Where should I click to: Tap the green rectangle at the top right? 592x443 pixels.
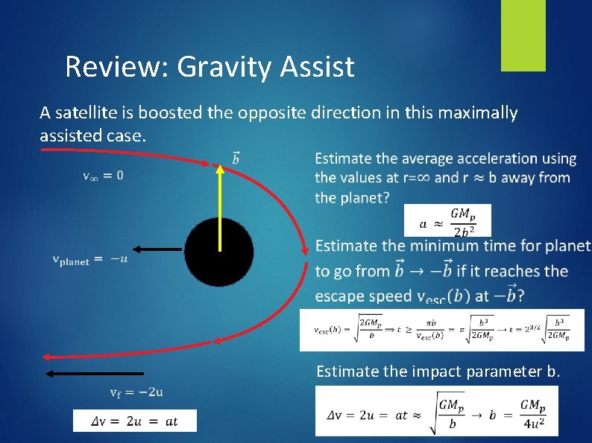point(523,35)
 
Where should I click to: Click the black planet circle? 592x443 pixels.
point(219,252)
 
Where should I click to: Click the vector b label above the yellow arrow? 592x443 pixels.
point(236,157)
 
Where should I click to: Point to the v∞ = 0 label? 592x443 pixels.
point(103,176)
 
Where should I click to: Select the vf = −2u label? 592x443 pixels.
point(136,392)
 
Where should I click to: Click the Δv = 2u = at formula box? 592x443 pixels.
point(135,421)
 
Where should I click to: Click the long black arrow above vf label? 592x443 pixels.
point(94,373)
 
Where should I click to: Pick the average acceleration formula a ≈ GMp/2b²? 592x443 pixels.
point(447,220)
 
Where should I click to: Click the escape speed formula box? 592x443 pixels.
point(441,329)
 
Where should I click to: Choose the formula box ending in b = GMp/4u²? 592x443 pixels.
point(436,411)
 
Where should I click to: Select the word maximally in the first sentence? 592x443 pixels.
point(482,113)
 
